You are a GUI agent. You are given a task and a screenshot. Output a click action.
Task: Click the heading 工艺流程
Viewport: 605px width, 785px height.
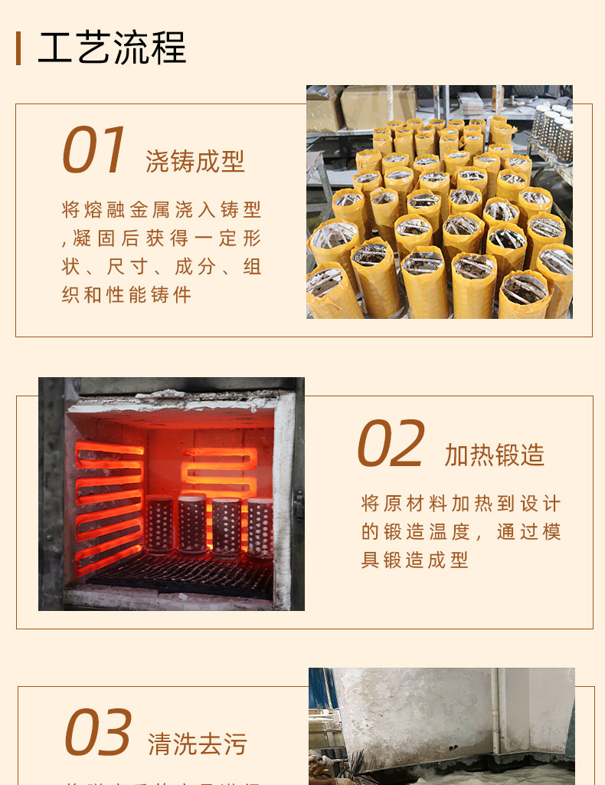[112, 48]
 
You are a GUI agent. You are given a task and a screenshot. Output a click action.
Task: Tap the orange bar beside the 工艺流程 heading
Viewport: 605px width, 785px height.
[18, 48]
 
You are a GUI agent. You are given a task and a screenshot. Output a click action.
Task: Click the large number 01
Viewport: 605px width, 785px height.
[93, 151]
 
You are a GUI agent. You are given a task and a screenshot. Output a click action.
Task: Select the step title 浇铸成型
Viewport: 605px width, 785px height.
[195, 161]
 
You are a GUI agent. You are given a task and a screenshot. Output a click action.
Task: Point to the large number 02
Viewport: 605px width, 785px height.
[391, 445]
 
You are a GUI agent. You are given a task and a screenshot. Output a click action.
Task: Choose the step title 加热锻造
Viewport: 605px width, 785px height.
[495, 455]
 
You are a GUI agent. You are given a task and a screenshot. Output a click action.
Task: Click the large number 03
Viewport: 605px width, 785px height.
[98, 733]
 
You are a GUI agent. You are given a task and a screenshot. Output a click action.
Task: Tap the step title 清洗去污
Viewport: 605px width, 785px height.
[198, 744]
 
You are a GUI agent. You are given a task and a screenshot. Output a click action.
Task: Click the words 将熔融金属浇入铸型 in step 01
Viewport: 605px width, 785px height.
[162, 209]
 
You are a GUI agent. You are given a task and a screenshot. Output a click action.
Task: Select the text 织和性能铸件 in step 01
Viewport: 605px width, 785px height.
[126, 294]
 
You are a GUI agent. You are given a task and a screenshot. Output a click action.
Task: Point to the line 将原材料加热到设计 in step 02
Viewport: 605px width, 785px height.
[461, 504]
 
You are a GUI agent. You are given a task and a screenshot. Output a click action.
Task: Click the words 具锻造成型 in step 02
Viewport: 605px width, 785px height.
[414, 560]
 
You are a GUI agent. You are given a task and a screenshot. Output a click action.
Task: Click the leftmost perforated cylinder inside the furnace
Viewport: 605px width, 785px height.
[160, 524]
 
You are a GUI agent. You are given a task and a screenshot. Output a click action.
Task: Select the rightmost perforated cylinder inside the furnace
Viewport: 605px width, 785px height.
[260, 527]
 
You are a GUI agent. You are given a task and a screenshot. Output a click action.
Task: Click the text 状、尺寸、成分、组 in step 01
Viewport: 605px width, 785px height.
[162, 266]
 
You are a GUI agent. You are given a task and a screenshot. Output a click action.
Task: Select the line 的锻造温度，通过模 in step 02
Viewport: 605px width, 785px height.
[461, 532]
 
